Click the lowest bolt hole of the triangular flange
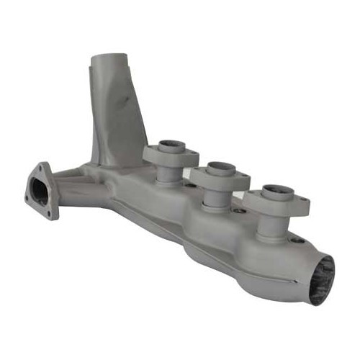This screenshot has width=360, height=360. coord(51,214)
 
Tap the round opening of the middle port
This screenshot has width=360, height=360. coord(219,170)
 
